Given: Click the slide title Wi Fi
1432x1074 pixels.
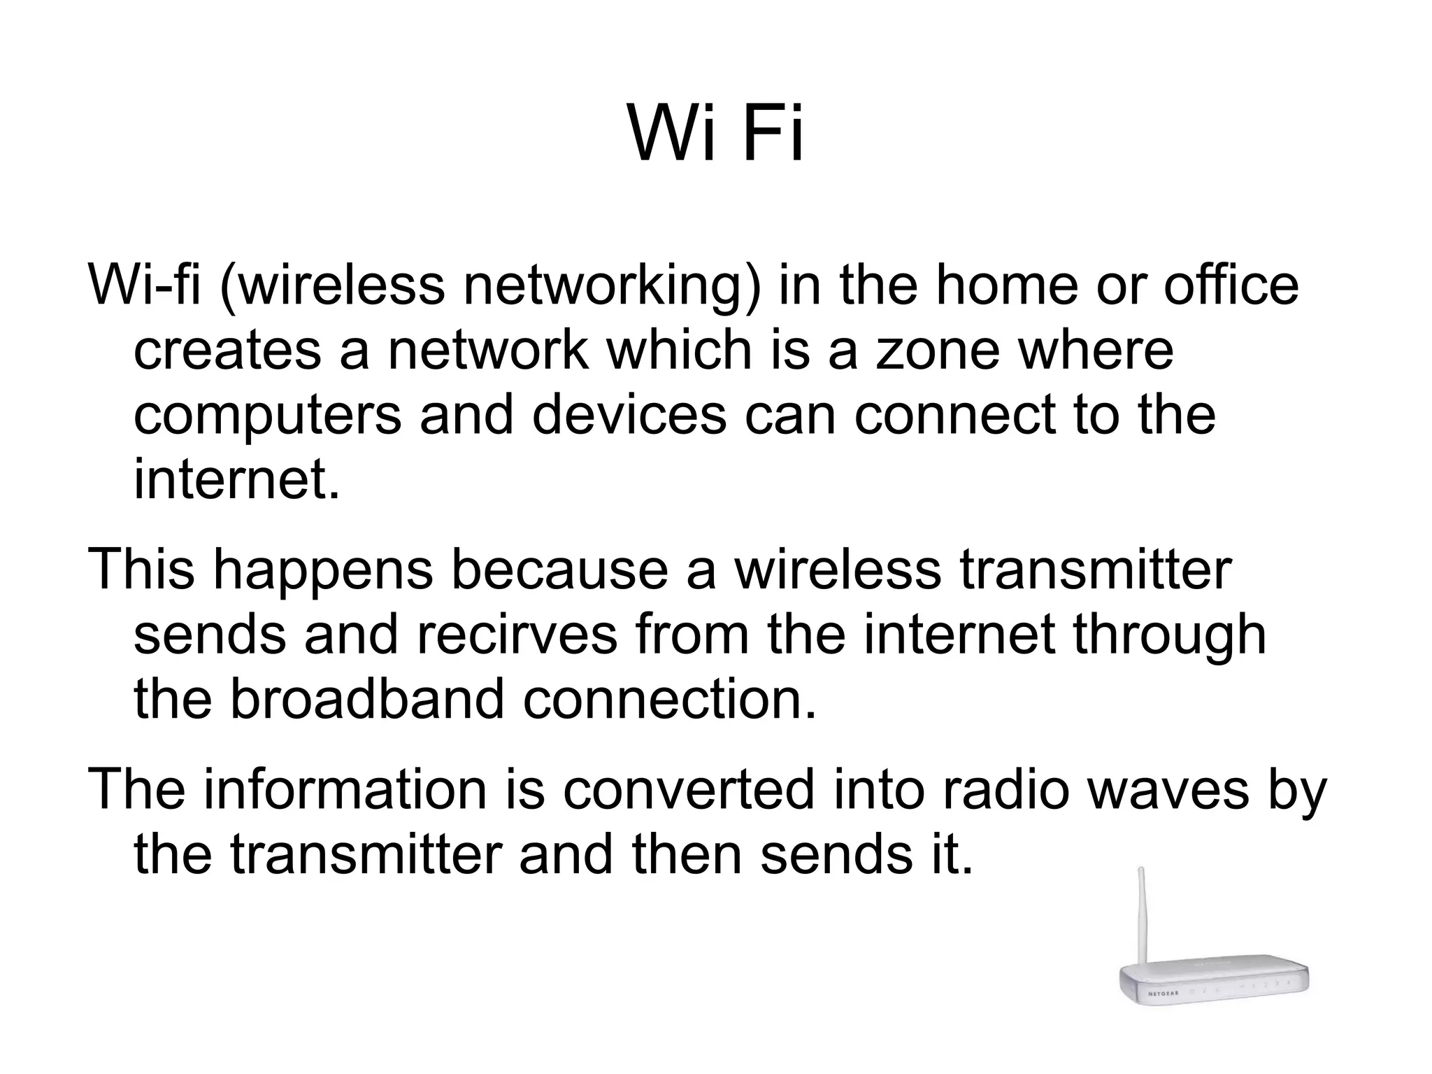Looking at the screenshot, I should tap(716, 133).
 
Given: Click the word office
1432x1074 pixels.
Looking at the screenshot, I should tap(1231, 285).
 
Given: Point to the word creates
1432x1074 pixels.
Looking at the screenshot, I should tap(227, 351).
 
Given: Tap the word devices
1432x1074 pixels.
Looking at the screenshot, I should tap(629, 416).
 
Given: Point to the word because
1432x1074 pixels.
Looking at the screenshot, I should tap(559, 570).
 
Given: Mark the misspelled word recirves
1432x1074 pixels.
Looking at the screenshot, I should tap(517, 635).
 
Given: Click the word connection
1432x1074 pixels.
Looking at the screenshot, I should tap(670, 700).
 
